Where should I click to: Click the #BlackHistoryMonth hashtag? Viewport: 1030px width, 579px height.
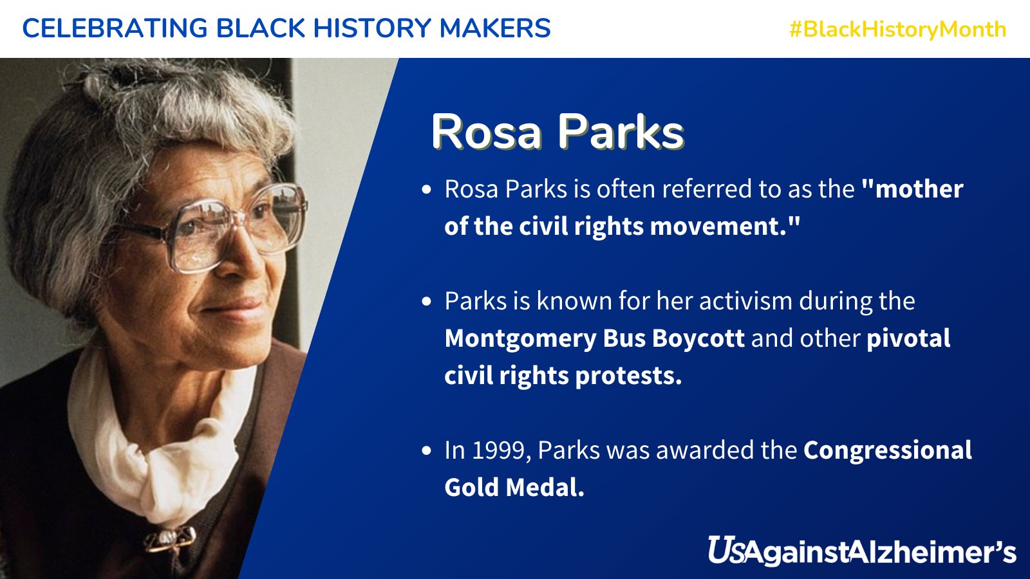pyautogui.click(x=897, y=29)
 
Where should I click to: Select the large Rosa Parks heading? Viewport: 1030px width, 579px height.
pyautogui.click(x=557, y=132)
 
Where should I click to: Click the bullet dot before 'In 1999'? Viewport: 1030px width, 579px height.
pyautogui.click(x=426, y=451)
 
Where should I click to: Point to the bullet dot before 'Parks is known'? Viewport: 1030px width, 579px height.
pyautogui.click(x=426, y=302)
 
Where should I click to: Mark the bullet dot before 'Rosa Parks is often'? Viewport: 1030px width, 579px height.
pyautogui.click(x=426, y=190)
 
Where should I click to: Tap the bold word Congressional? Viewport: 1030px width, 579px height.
pyautogui.click(x=887, y=450)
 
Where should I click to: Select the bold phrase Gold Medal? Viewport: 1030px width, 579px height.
pyautogui.click(x=514, y=488)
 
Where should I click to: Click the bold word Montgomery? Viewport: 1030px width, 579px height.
pyautogui.click(x=520, y=338)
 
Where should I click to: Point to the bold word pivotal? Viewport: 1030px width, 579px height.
pyautogui.click(x=908, y=338)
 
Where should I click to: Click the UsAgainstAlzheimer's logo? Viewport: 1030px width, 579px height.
pyautogui.click(x=861, y=552)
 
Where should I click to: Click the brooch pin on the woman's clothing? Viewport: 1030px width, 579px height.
pyautogui.click(x=169, y=538)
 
